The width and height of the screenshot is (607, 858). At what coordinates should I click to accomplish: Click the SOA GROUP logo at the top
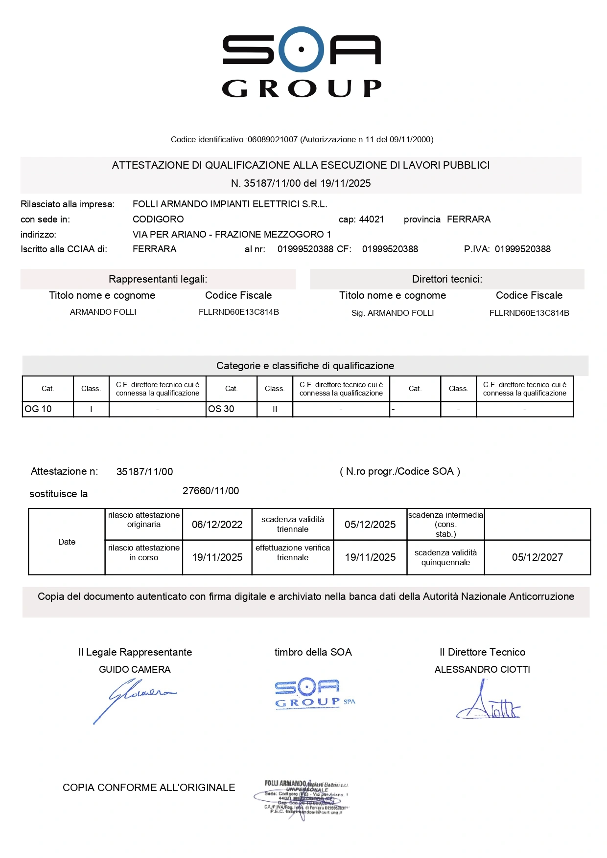pos(302,62)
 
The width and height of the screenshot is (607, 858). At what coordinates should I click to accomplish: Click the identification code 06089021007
pos(273,139)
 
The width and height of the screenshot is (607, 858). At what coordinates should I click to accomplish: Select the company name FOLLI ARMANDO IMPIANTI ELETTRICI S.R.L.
pos(230,204)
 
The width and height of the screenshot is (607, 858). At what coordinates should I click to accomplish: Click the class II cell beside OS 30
pos(275,409)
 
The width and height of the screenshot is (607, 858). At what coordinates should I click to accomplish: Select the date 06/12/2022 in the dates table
pos(217,525)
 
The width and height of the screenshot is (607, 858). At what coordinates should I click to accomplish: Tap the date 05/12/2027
pos(537,557)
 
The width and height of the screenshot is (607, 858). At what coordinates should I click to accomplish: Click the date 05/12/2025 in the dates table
pos(370,525)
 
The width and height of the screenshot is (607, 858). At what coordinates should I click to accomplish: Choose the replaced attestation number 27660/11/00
pos(210,491)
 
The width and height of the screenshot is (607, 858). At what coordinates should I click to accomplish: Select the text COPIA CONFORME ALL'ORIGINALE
pos(149,788)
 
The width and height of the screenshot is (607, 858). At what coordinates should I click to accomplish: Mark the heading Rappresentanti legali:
pos(158,279)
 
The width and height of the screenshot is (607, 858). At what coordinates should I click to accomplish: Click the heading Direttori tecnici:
pos(447,279)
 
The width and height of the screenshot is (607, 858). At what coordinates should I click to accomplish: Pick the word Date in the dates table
pos(67,542)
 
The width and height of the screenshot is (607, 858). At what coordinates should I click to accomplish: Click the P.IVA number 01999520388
pos(522,249)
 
